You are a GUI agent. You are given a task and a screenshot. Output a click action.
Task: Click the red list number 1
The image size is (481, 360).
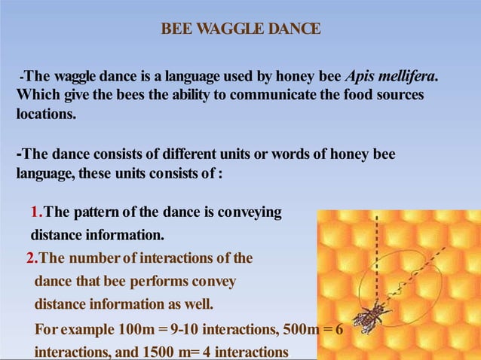(36, 213)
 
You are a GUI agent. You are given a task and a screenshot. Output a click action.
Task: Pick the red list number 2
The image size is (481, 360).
(31, 258)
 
